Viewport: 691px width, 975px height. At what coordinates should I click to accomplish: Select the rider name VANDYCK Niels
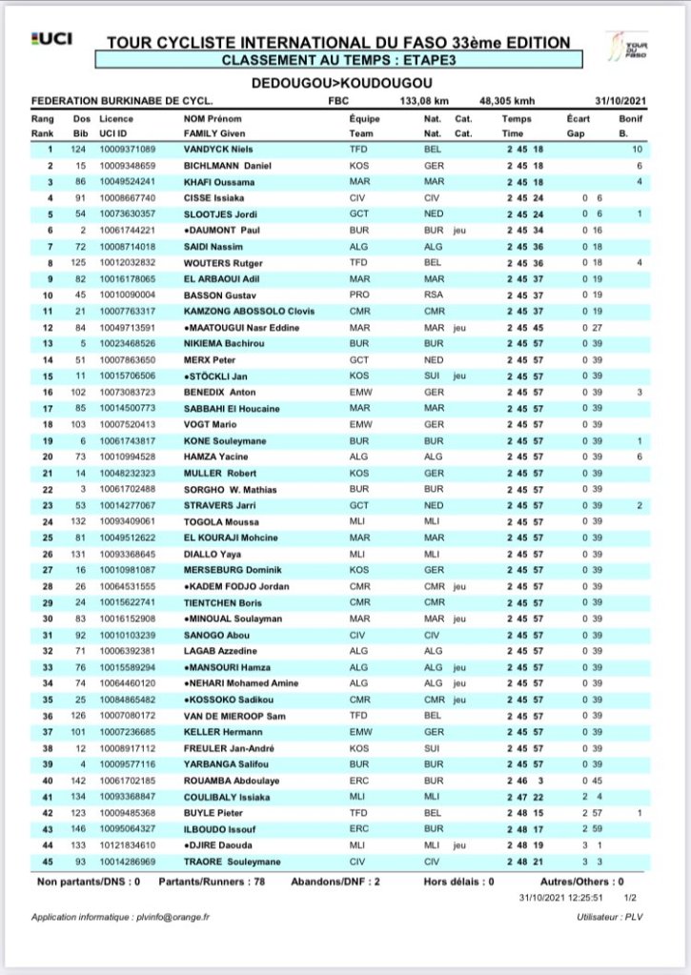[x=219, y=149]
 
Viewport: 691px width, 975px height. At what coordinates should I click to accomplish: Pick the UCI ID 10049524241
[x=127, y=181]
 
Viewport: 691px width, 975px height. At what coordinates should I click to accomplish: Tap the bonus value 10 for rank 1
[x=637, y=149]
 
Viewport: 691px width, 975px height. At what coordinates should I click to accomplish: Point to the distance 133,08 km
[x=420, y=98]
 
